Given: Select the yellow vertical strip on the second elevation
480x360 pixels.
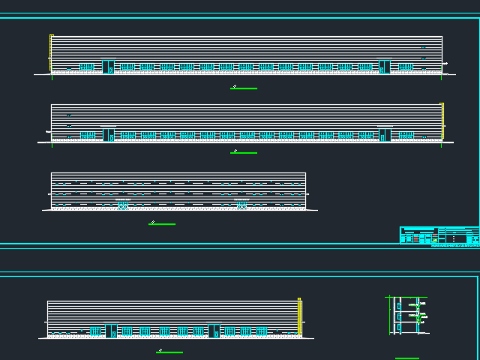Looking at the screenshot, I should click(442, 120).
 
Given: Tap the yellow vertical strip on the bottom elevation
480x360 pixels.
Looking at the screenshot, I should click(300, 316).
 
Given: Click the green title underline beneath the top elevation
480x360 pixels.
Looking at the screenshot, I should click(244, 88).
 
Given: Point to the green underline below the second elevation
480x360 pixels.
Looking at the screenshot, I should click(244, 153).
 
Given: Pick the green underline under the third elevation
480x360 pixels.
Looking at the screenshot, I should click(163, 223).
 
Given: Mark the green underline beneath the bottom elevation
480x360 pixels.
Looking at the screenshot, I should click(170, 352).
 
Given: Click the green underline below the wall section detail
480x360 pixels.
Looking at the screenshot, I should click(407, 358).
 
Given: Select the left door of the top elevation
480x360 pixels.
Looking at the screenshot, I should click(108, 67).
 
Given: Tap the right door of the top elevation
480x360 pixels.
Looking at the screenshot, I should click(384, 67).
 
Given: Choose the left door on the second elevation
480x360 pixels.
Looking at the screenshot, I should click(109, 135).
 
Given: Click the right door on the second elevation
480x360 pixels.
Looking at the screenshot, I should click(384, 135).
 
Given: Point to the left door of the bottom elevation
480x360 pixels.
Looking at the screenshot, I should click(111, 331).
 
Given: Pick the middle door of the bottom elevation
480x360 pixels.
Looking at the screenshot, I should click(214, 331).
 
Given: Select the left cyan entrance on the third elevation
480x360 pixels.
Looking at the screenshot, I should click(123, 205).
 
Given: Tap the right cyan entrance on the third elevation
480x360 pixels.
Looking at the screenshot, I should click(242, 205).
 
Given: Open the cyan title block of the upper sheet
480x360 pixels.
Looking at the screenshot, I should click(439, 235).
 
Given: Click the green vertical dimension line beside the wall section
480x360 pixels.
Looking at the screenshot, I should click(390, 315).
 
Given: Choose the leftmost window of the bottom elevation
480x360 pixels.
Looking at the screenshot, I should click(95, 331).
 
